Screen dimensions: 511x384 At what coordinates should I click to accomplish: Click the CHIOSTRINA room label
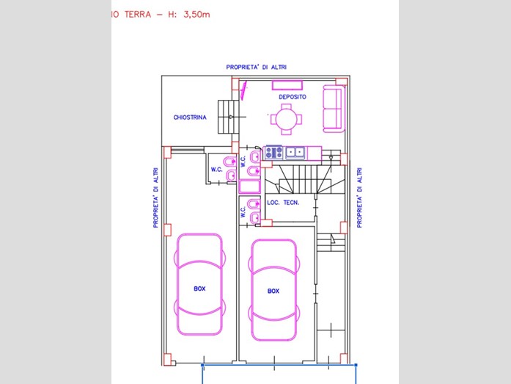pyautogui.click(x=190, y=117)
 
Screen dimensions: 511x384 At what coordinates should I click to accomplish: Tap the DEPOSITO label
pyautogui.click(x=293, y=97)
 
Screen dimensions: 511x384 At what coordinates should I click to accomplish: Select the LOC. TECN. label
pyautogui.click(x=283, y=203)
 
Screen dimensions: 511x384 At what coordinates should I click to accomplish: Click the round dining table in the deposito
pyautogui.click(x=286, y=120)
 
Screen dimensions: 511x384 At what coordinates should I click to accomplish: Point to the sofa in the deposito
pyautogui.click(x=334, y=109)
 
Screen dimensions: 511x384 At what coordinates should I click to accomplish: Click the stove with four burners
pyautogui.click(x=273, y=153)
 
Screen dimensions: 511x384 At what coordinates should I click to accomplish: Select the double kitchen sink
pyautogui.click(x=295, y=153)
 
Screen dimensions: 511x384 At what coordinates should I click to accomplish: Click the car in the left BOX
pyautogui.click(x=199, y=284)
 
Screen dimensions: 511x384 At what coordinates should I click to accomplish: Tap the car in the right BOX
pyautogui.click(x=273, y=290)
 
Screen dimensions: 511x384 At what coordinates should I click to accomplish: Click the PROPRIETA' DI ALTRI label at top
pyautogui.click(x=257, y=68)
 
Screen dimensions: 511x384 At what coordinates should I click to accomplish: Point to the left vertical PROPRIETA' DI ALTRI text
pyautogui.click(x=155, y=198)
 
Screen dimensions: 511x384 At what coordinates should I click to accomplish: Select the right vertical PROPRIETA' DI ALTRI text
pyautogui.click(x=359, y=198)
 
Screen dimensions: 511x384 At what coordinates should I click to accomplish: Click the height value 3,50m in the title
pyautogui.click(x=196, y=15)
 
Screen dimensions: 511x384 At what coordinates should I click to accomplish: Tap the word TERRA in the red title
pyautogui.click(x=138, y=15)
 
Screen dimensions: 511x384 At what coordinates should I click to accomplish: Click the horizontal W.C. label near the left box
pyautogui.click(x=217, y=170)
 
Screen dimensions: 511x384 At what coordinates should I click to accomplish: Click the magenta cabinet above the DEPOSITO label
pyautogui.click(x=287, y=85)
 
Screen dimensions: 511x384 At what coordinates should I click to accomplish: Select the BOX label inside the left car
pyautogui.click(x=199, y=289)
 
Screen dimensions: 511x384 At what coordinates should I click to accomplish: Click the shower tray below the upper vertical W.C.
pyautogui.click(x=249, y=186)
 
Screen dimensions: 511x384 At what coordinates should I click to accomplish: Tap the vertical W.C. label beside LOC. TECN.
pyautogui.click(x=243, y=211)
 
